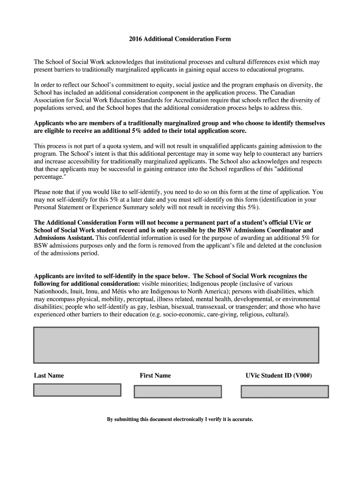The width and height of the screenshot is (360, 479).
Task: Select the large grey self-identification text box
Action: click(176, 345)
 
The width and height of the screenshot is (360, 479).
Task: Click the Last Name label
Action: click(49, 376)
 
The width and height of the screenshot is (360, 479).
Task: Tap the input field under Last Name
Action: click(77, 390)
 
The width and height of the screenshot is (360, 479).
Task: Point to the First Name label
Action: click(155, 376)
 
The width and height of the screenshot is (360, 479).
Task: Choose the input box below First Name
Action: click(178, 392)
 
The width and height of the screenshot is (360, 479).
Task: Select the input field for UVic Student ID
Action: click(284, 392)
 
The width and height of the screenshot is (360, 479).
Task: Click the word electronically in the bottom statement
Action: click(181, 419)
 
